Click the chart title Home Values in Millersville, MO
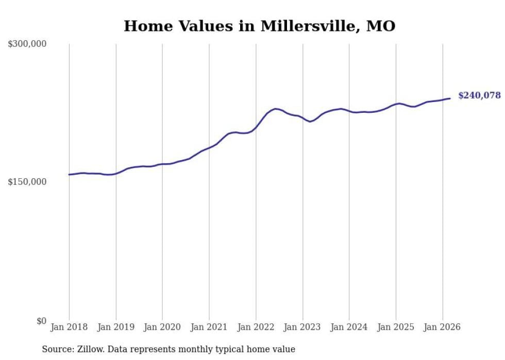pyautogui.click(x=259, y=26)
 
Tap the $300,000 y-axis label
pyautogui.click(x=27, y=44)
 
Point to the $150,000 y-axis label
pyautogui.click(x=27, y=182)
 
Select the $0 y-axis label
pyautogui.click(x=41, y=321)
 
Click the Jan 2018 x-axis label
pyautogui.click(x=69, y=327)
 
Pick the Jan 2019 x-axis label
pyautogui.click(x=116, y=327)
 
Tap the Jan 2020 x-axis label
pyautogui.click(x=162, y=327)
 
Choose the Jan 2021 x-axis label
pyautogui.click(x=209, y=327)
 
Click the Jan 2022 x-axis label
pyautogui.click(x=256, y=327)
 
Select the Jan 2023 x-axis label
pyautogui.click(x=302, y=327)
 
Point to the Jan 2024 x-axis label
pyautogui.click(x=349, y=327)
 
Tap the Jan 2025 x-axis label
pyautogui.click(x=396, y=327)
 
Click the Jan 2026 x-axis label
pyautogui.click(x=443, y=327)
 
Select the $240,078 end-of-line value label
pyautogui.click(x=479, y=95)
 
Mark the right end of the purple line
pyautogui.click(x=450, y=98)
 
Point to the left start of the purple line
pyautogui.click(x=69, y=175)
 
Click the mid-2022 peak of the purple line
pyautogui.click(x=276, y=109)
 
